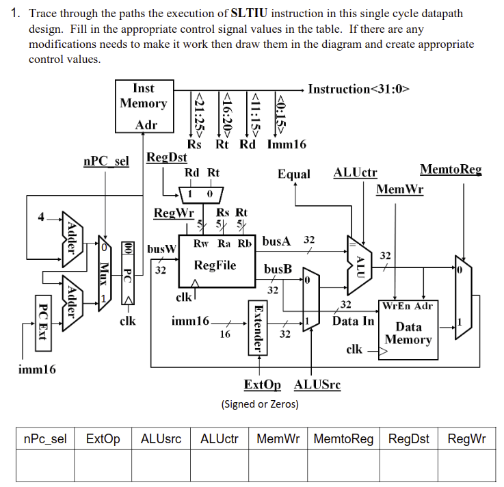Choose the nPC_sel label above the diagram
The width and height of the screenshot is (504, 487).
(x=105, y=161)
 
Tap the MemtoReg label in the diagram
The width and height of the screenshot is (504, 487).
(x=450, y=170)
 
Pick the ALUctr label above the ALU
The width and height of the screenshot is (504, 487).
(x=355, y=174)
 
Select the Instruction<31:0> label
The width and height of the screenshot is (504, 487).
(x=358, y=89)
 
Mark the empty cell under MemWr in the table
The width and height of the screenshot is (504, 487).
(x=279, y=466)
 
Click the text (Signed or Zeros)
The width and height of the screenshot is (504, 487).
(x=259, y=404)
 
